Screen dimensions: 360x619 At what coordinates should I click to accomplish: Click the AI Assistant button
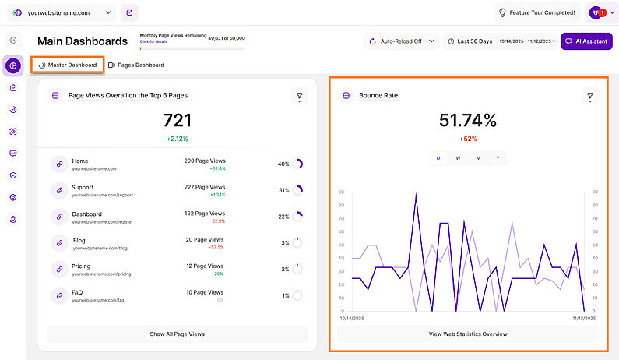[586, 41]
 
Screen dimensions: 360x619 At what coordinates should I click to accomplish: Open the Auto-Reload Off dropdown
[402, 41]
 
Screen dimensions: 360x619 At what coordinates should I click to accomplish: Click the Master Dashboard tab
[68, 65]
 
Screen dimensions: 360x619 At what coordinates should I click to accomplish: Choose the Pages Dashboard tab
[136, 65]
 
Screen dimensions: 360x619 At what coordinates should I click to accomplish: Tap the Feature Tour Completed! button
[537, 12]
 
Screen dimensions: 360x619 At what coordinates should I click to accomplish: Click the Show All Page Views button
[178, 334]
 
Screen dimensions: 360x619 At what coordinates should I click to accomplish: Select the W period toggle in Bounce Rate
[458, 158]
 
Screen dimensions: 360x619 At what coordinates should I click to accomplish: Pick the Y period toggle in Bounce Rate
[498, 158]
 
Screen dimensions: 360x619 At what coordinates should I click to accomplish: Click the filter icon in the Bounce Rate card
[590, 96]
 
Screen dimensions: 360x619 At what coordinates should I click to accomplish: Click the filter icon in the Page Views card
[299, 96]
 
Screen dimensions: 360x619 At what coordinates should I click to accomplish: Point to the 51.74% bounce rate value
[467, 120]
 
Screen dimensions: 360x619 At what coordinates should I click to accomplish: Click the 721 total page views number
[177, 120]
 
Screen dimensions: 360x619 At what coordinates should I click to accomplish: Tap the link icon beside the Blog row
[58, 243]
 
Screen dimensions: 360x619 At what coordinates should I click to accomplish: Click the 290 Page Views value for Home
[205, 161]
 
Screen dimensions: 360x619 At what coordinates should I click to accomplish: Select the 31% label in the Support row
[284, 190]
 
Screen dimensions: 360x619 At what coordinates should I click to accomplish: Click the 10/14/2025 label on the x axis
[351, 318]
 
